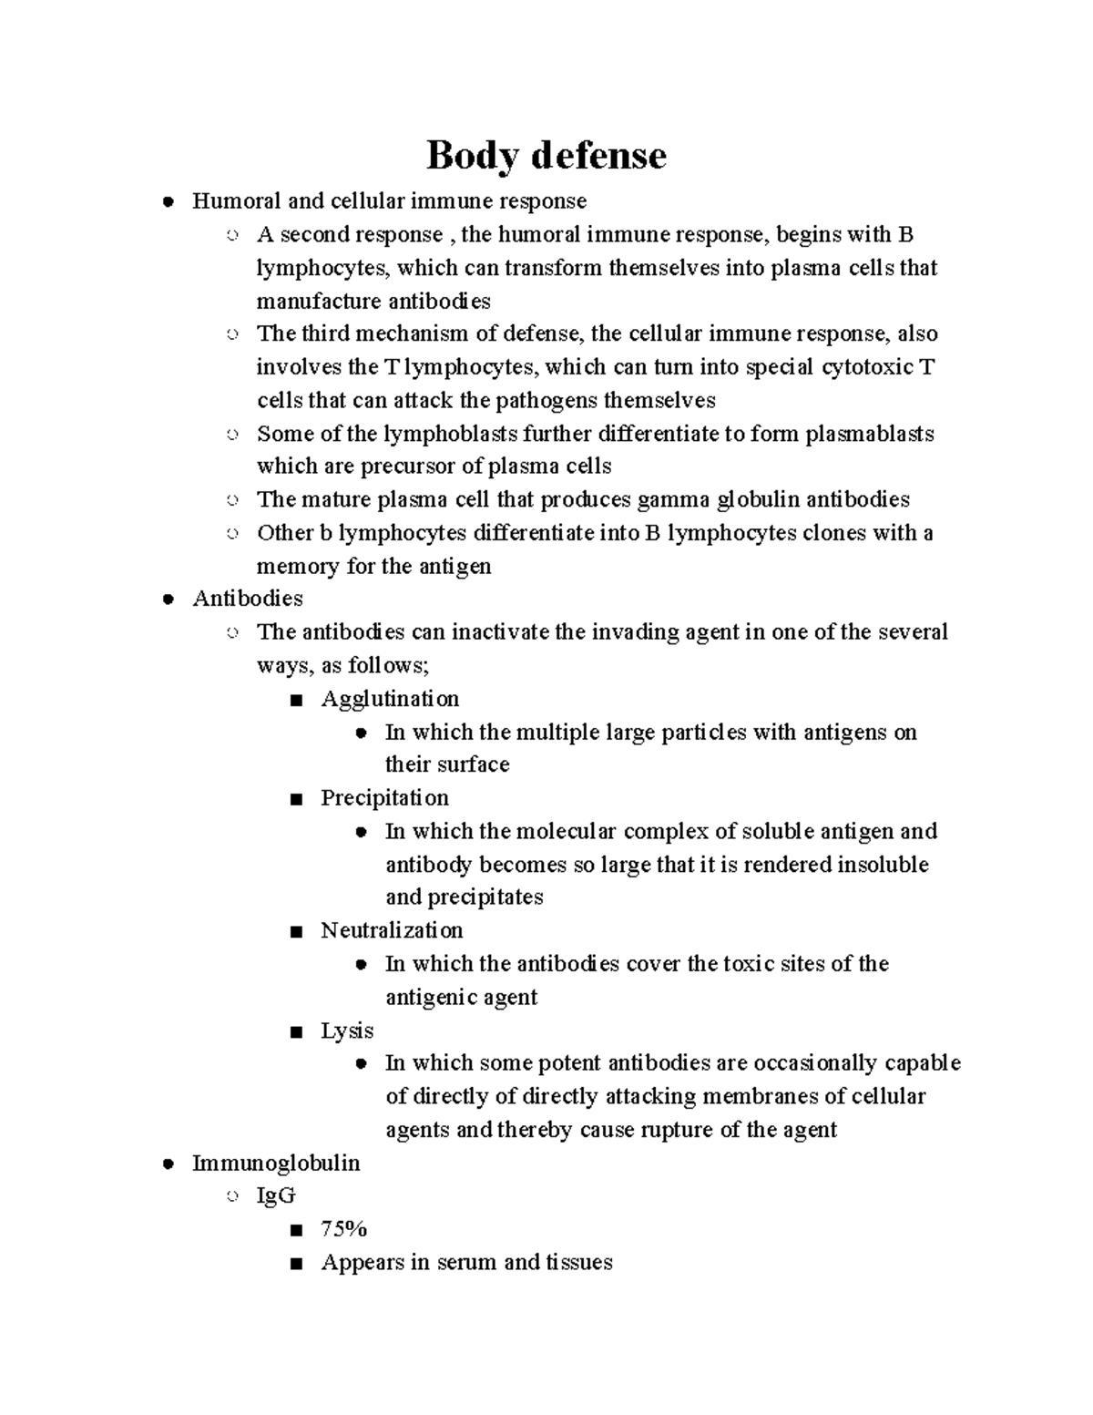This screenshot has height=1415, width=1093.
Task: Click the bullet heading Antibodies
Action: tap(248, 599)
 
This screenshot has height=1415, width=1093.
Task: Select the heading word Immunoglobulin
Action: tap(276, 1164)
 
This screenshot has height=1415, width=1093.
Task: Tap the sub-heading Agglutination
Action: tap(390, 699)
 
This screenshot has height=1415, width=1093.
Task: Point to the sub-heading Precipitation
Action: tap(384, 798)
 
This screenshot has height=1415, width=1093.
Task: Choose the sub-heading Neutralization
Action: tap(392, 930)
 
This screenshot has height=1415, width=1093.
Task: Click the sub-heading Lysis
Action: tap(347, 1030)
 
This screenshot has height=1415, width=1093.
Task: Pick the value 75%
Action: tap(343, 1229)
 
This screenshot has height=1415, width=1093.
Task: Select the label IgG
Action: tap(276, 1196)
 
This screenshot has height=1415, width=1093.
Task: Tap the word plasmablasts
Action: tap(870, 434)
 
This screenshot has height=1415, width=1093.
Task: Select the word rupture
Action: tap(678, 1130)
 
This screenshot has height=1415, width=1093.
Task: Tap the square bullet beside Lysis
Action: tap(294, 1032)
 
